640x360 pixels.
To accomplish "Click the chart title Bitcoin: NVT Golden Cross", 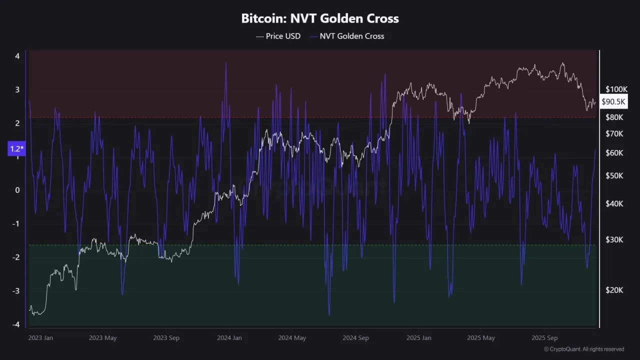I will click(320, 19).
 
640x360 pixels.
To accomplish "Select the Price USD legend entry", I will click(278, 36).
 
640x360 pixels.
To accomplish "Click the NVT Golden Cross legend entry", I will click(346, 36).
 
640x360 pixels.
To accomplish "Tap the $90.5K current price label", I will click(613, 101).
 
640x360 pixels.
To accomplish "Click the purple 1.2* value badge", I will click(16, 149).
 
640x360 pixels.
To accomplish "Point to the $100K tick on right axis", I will click(616, 89).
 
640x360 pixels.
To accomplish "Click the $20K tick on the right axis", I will click(614, 290).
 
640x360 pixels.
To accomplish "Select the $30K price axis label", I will click(614, 239).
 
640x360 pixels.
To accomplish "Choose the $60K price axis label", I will click(614, 153).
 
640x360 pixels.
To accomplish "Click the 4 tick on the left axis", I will click(17, 56).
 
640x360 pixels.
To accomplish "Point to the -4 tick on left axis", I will click(16, 324).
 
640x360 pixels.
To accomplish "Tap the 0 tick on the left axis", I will click(17, 190).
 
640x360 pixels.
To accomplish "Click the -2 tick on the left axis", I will click(16, 257).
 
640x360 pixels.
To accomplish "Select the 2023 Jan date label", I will click(41, 337).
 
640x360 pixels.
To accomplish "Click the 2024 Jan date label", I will click(229, 337).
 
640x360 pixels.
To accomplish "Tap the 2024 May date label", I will click(292, 337).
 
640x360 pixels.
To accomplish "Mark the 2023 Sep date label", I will click(166, 337).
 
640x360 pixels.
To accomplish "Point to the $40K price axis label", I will click(614, 203).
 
